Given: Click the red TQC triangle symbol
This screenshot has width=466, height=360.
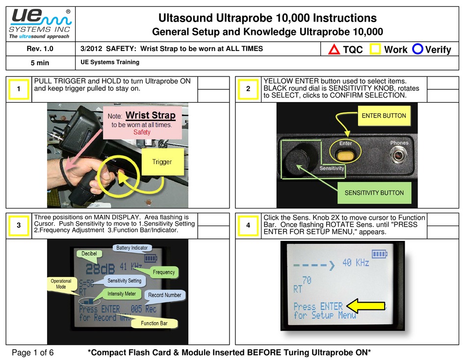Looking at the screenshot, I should pyautogui.click(x=334, y=49).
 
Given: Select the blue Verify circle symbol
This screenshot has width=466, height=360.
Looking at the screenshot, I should pyautogui.click(x=418, y=49).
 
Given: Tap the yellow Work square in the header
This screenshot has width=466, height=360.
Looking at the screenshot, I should pyautogui.click(x=376, y=49).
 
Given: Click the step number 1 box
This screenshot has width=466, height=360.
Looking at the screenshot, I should pyautogui.click(x=18, y=89).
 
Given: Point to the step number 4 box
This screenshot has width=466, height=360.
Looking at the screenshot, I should pyautogui.click(x=248, y=226).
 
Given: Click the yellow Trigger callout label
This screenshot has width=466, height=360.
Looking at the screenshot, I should pyautogui.click(x=162, y=161).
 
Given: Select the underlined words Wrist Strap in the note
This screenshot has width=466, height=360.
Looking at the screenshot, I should pyautogui.click(x=150, y=116).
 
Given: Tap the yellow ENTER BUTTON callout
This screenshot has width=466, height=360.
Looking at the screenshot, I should pyautogui.click(x=384, y=116).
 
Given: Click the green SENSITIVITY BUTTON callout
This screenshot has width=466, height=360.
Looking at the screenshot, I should pyautogui.click(x=374, y=193).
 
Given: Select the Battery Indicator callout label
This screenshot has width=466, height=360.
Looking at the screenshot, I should pyautogui.click(x=131, y=248).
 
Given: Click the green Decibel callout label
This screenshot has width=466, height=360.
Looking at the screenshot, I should pyautogui.click(x=89, y=254).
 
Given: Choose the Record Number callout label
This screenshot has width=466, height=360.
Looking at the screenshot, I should pyautogui.click(x=164, y=295).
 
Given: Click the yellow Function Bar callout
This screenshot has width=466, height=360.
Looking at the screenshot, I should pyautogui.click(x=153, y=323).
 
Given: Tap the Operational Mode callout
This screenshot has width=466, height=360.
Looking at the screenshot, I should pyautogui.click(x=61, y=284).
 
